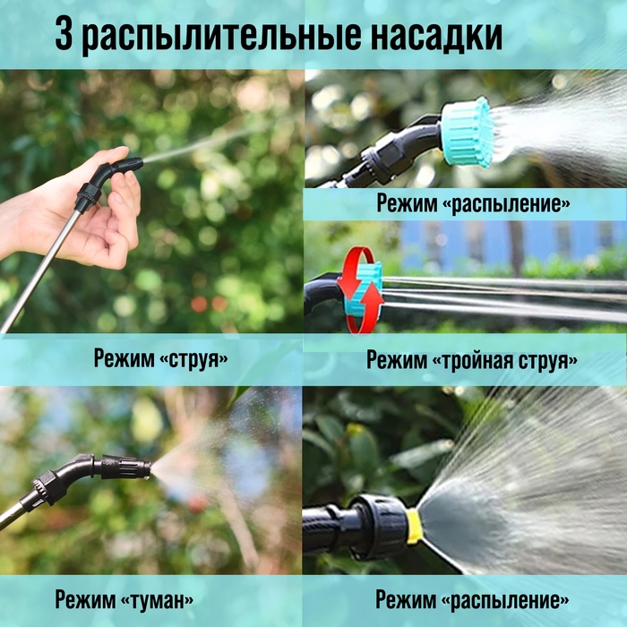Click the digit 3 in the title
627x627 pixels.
pyautogui.click(x=62, y=37)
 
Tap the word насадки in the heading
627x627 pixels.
pyautogui.click(x=437, y=37)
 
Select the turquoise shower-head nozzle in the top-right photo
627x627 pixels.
pyautogui.click(x=468, y=132)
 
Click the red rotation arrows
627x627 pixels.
pyautogui.click(x=358, y=289)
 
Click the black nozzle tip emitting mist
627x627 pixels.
pyautogui.click(x=134, y=468)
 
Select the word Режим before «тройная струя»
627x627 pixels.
pyautogui.click(x=397, y=361)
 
